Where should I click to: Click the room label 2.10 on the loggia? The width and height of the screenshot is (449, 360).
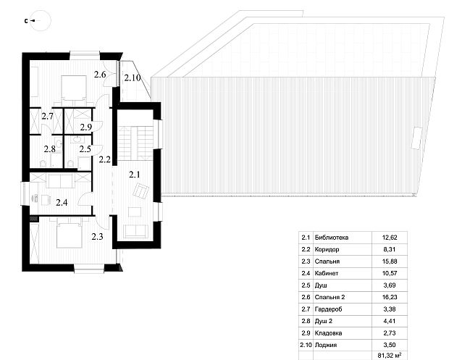click(x=133, y=78)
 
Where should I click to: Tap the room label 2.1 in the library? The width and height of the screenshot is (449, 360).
click(x=134, y=174)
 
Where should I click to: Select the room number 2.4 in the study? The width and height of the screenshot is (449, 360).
click(x=62, y=203)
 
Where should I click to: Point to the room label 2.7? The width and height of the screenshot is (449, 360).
click(x=48, y=117)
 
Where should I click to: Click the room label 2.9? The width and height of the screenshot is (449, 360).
click(x=86, y=127)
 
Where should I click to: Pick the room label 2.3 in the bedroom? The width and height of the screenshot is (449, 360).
click(x=97, y=237)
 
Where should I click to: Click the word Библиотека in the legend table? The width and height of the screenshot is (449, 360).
click(x=331, y=238)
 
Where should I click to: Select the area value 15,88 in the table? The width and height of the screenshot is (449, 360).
click(x=390, y=261)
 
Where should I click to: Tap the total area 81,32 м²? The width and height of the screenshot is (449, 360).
click(x=390, y=356)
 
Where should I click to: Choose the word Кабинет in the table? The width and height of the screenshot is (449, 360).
click(x=326, y=273)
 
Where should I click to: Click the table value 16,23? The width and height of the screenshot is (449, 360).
click(x=390, y=297)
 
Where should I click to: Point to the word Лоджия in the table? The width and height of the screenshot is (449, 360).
click(x=326, y=345)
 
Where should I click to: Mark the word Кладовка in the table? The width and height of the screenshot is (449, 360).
click(x=328, y=333)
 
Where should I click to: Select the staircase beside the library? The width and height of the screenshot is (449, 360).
click(x=136, y=143)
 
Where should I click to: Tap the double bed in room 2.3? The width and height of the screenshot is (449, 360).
click(x=70, y=233)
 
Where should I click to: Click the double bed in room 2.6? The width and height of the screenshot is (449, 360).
click(x=74, y=88)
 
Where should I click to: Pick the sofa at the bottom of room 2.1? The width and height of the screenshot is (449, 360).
click(x=135, y=231)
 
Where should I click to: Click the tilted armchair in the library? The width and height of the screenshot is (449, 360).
click(x=140, y=191)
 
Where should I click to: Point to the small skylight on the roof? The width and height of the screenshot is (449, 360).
click(x=416, y=138)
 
